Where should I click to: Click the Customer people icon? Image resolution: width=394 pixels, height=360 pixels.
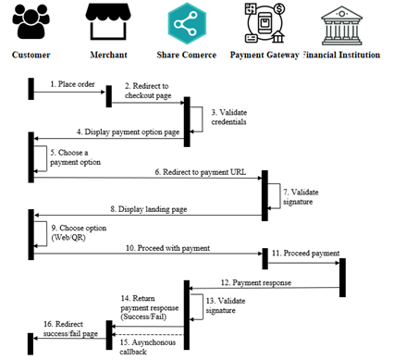pos(31,22)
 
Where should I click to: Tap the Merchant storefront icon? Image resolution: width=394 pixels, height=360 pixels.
pos(107,22)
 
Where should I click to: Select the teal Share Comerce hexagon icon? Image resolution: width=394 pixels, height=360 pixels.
pos(188,23)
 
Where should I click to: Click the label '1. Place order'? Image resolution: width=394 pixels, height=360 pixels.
pos(69,83)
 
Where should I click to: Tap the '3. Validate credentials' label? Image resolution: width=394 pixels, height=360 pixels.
pos(230,118)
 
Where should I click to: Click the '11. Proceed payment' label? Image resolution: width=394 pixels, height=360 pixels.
pos(306,252)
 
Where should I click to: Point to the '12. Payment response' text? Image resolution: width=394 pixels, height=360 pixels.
pos(256,282)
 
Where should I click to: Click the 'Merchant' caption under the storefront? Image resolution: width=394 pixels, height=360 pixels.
pos(107,55)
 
